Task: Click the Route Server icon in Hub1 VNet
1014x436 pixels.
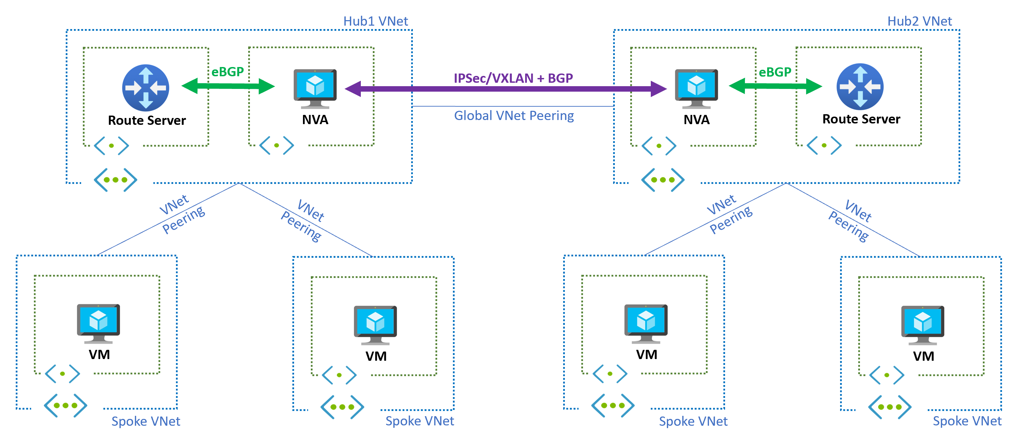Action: point(145,87)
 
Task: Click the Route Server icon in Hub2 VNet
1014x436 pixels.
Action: point(860,87)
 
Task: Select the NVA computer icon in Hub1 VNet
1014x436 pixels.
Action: point(315,89)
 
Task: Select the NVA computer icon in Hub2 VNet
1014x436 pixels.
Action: point(696,89)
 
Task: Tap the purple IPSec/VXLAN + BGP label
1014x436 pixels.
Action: point(513,78)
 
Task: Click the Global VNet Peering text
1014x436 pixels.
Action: point(514,116)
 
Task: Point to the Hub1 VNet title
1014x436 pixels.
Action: point(376,21)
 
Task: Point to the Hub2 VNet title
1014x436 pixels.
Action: point(919,21)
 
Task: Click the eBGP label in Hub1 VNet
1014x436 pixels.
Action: point(228,71)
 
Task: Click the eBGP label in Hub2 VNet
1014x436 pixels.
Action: point(775,72)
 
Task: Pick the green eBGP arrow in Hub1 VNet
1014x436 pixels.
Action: point(228,86)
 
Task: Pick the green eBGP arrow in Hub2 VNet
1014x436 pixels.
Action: point(775,86)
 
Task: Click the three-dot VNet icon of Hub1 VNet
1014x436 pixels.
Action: point(115,180)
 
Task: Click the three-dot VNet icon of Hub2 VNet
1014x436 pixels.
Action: point(662,180)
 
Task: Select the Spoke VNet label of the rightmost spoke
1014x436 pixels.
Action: point(967,421)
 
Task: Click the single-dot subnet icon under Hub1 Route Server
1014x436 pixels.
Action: point(111,145)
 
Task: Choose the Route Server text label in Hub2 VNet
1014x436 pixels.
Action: point(861,119)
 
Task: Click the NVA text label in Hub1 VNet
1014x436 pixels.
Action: point(315,120)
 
